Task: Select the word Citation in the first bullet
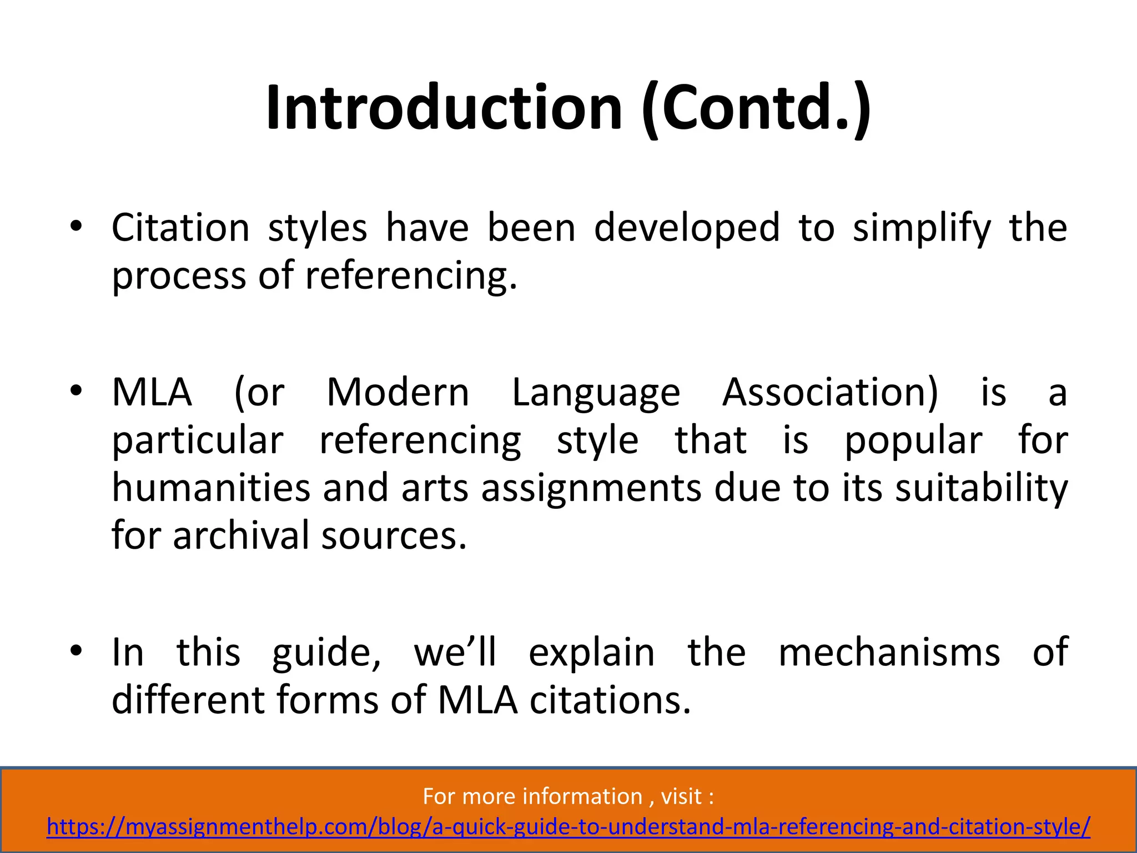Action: click(180, 228)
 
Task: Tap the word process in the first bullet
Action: click(179, 276)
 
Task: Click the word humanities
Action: click(211, 488)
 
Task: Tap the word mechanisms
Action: click(889, 652)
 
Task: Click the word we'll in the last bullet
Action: click(455, 652)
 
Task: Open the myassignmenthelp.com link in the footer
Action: click(568, 826)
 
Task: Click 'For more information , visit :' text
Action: click(568, 796)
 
